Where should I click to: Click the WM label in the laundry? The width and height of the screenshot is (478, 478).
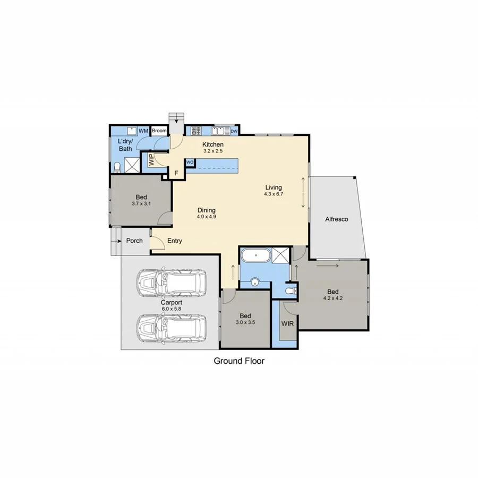tap(143, 131)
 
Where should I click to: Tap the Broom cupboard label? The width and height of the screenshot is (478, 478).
tap(159, 131)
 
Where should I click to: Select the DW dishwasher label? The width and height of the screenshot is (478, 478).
tap(234, 131)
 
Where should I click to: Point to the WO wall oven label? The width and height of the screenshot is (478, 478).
tap(190, 163)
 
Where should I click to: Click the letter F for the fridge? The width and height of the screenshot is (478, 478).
tap(176, 173)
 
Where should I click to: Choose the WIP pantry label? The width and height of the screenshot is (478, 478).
tap(151, 160)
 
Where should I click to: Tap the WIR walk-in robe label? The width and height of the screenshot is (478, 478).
tap(287, 323)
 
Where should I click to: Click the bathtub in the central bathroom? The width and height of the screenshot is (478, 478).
tap(256, 257)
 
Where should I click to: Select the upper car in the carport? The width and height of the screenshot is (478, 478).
tap(172, 283)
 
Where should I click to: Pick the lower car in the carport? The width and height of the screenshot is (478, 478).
tap(172, 327)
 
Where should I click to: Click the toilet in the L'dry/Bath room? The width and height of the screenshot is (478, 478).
tap(117, 168)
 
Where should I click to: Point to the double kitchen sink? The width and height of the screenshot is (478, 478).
tap(220, 130)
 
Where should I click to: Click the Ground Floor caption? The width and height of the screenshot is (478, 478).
tap(239, 361)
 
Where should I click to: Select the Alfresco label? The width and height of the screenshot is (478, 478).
tap(337, 219)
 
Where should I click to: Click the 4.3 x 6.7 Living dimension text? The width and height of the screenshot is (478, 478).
tap(274, 194)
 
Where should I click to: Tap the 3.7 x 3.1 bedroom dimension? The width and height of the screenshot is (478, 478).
tap(141, 203)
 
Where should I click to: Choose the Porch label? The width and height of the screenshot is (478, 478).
tap(134, 241)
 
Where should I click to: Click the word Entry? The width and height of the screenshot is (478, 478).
tap(175, 241)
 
